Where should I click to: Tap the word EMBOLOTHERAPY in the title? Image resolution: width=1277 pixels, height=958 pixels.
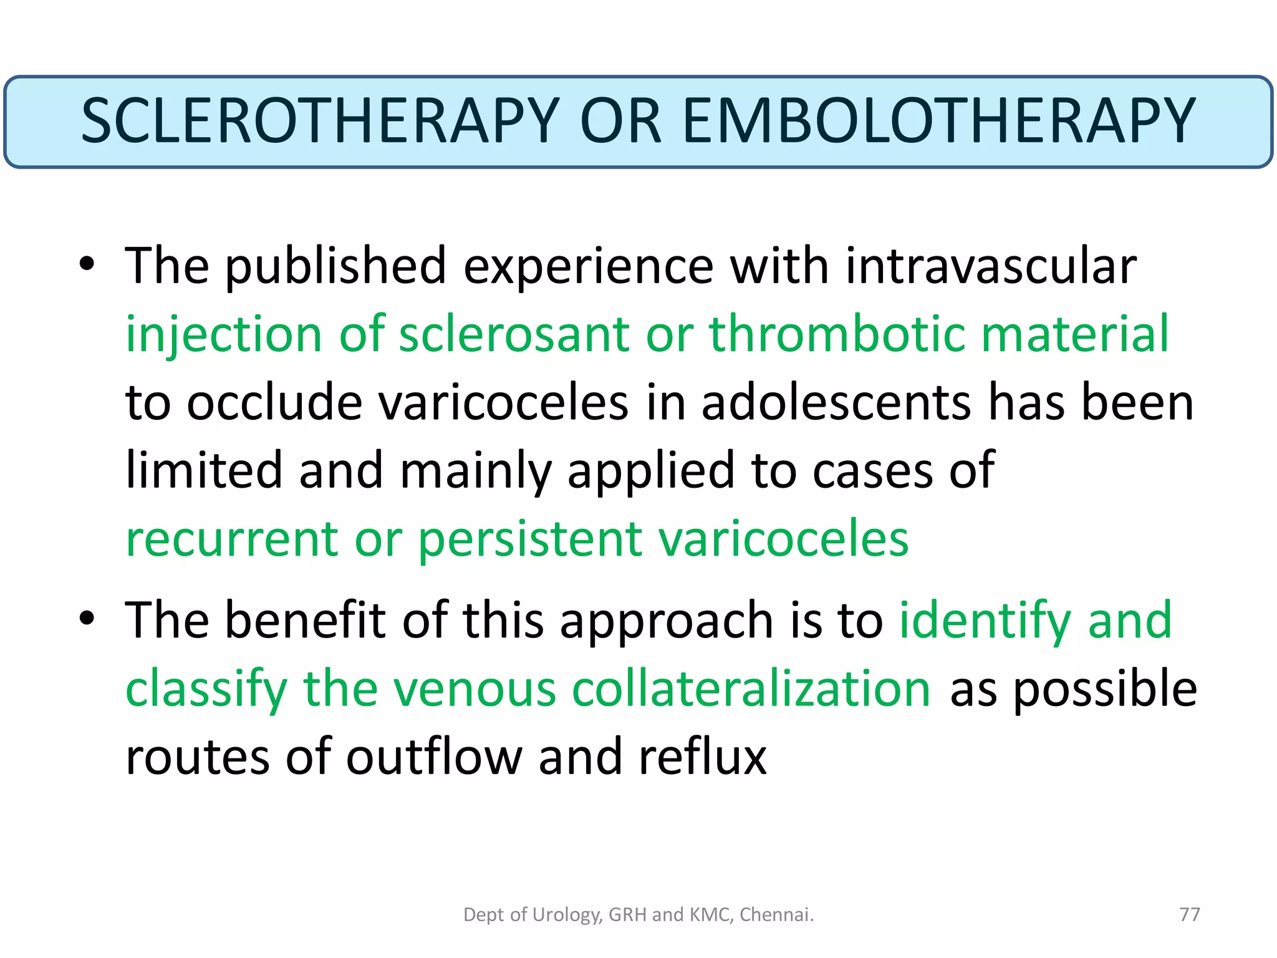click(938, 121)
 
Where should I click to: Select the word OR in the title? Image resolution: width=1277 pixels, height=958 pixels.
click(620, 121)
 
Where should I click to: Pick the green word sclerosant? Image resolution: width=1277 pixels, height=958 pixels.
click(514, 334)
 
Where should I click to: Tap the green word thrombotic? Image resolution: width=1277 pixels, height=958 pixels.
click(837, 334)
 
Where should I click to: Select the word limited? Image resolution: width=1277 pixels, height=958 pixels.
click(203, 470)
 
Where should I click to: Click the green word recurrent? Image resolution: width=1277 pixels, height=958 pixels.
click(231, 539)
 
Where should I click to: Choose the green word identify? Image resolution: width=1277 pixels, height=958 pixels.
click(985, 621)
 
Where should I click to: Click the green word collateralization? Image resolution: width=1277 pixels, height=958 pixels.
click(751, 689)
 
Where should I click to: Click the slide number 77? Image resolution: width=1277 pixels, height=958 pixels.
click(1190, 914)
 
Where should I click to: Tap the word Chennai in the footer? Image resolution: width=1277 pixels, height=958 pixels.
click(776, 914)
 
